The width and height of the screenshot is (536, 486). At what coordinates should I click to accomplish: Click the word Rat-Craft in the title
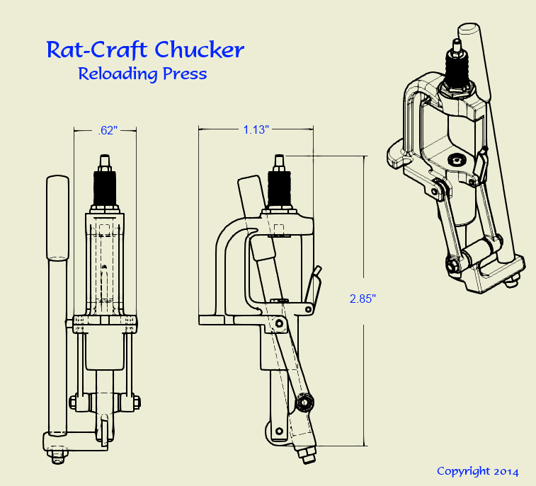pyautogui.click(x=97, y=50)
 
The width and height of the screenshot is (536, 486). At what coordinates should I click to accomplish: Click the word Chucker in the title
pyautogui.click(x=200, y=50)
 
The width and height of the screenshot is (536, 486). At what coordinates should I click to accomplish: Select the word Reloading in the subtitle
pyautogui.click(x=118, y=74)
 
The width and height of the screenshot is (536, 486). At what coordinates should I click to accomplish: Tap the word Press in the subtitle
pyautogui.click(x=185, y=73)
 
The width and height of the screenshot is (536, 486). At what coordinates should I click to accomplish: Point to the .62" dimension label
pyautogui.click(x=108, y=130)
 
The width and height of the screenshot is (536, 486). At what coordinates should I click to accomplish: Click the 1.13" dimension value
pyautogui.click(x=256, y=129)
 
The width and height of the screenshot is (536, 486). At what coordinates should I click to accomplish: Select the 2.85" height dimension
pyautogui.click(x=363, y=299)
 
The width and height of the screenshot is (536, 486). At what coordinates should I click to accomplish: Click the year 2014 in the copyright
pyautogui.click(x=506, y=472)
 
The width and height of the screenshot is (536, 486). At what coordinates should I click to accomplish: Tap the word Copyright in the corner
pyautogui.click(x=463, y=471)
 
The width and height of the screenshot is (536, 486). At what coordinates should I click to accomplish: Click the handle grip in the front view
pyautogui.click(x=57, y=218)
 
